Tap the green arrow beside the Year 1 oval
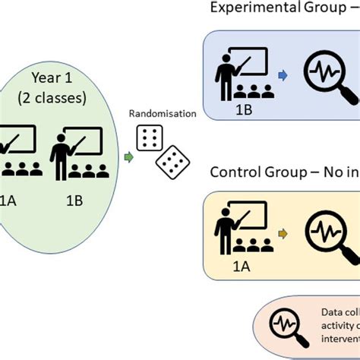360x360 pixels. pyautogui.click(x=128, y=157)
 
